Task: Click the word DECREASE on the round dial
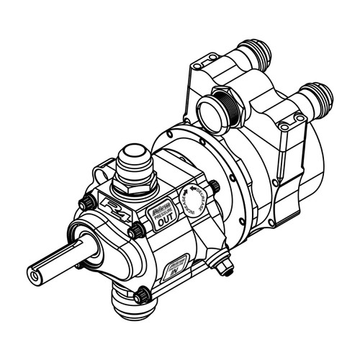[x=198, y=204]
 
